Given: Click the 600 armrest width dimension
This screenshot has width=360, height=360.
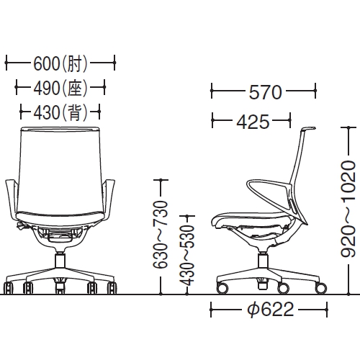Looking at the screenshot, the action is click(46, 64).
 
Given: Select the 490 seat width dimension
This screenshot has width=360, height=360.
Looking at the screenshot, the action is click(46, 88).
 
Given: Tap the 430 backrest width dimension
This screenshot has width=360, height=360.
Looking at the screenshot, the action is click(46, 113).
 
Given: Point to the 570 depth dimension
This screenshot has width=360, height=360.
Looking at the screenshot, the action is click(265, 92).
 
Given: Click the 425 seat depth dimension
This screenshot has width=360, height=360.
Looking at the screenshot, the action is click(253, 122).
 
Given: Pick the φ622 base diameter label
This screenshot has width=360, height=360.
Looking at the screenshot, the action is click(271, 310).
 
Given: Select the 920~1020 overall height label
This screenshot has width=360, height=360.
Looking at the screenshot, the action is click(348, 209).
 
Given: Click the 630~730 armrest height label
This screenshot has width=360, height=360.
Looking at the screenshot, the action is click(161, 234).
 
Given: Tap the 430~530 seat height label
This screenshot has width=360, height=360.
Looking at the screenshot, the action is click(186, 256).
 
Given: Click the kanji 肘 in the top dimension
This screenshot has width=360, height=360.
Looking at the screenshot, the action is click(74, 64).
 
